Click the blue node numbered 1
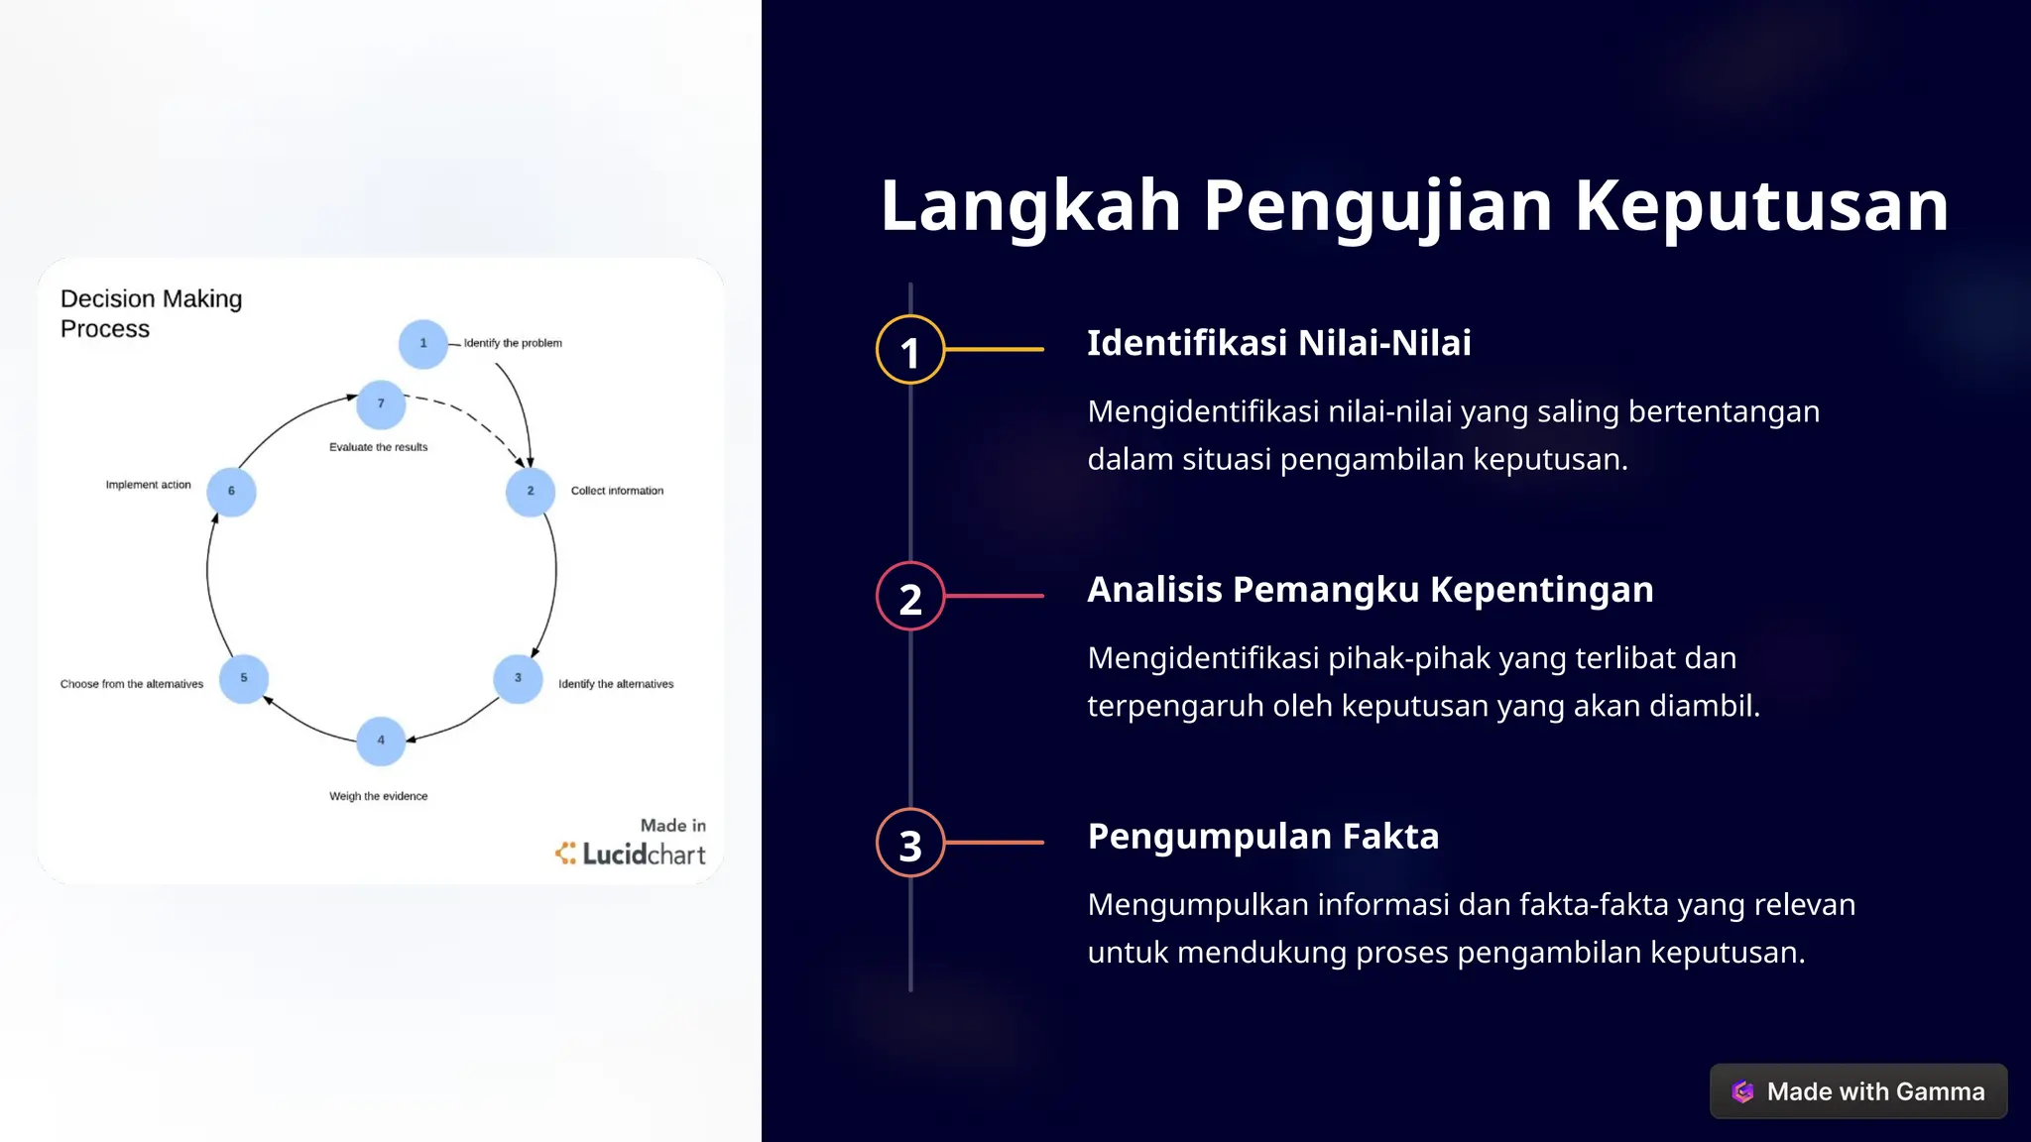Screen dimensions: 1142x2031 (423, 344)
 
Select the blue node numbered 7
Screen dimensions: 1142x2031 (381, 403)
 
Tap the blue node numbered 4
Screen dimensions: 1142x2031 (381, 741)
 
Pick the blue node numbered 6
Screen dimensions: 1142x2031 (232, 492)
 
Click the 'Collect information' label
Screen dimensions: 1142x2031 (617, 491)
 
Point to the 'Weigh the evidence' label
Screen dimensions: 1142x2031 (379, 796)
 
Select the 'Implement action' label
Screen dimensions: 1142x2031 (149, 485)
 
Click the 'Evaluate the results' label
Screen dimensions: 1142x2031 (379, 447)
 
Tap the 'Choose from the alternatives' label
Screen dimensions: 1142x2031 (132, 684)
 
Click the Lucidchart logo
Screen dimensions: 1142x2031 (631, 854)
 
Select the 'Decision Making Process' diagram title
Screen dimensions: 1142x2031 (151, 313)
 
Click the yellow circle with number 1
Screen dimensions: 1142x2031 (910, 350)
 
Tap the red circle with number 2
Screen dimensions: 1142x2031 (910, 597)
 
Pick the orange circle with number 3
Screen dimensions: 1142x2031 (910, 844)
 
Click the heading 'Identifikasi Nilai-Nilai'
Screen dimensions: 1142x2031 (1279, 343)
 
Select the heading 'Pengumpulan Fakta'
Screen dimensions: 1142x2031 (1262, 837)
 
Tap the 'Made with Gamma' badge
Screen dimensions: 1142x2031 (1858, 1091)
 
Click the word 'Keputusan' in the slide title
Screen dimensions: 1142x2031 (1761, 206)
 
